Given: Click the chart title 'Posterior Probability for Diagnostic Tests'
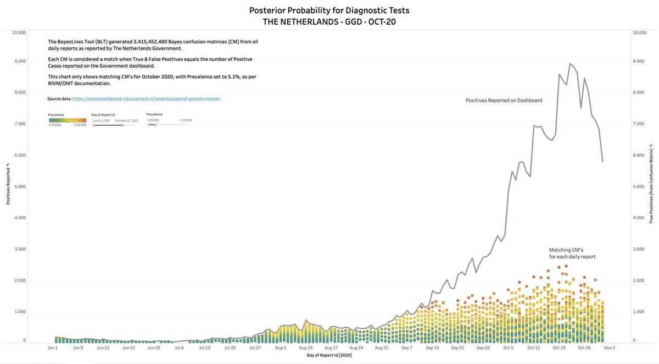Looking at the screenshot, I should [x=329, y=10].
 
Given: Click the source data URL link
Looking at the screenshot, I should [x=146, y=99].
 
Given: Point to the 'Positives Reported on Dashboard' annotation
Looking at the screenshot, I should [x=504, y=101].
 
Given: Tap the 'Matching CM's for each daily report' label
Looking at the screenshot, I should [x=572, y=253].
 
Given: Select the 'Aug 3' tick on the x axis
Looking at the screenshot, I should [x=280, y=348].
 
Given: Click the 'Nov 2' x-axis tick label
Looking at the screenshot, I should [x=610, y=348].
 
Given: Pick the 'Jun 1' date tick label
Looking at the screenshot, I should [x=53, y=348].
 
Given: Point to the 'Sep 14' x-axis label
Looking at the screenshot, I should [x=433, y=348].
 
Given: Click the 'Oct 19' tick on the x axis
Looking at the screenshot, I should [x=560, y=348].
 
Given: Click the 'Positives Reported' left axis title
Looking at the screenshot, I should [x=8, y=184].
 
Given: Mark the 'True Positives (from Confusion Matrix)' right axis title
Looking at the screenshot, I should [x=651, y=184].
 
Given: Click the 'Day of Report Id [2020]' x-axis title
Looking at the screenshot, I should [x=329, y=356].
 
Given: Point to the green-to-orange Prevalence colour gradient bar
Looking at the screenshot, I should [x=67, y=120].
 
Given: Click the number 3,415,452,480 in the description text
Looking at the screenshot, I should [x=155, y=42].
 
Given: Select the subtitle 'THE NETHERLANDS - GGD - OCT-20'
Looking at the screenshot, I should [x=329, y=21].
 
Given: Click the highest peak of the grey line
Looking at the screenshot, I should [x=570, y=64].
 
